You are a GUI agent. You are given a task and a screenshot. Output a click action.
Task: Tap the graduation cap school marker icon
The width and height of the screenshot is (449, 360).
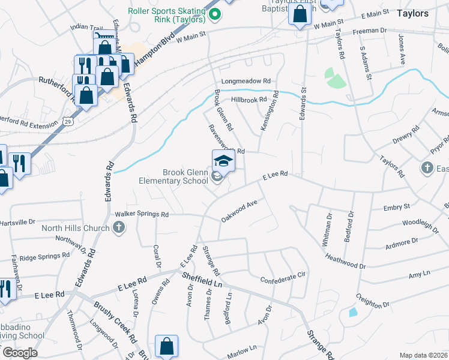pos(223,160)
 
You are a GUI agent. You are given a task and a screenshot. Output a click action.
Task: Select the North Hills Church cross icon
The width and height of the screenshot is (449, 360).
pos(119,227)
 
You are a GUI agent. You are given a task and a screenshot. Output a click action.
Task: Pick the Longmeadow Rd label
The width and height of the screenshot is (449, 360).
pos(246,81)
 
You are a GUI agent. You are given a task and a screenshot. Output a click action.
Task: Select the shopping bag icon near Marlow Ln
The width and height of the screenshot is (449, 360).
pos(166,346)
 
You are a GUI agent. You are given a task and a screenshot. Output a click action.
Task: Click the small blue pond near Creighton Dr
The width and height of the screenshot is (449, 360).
pos(352,313)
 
